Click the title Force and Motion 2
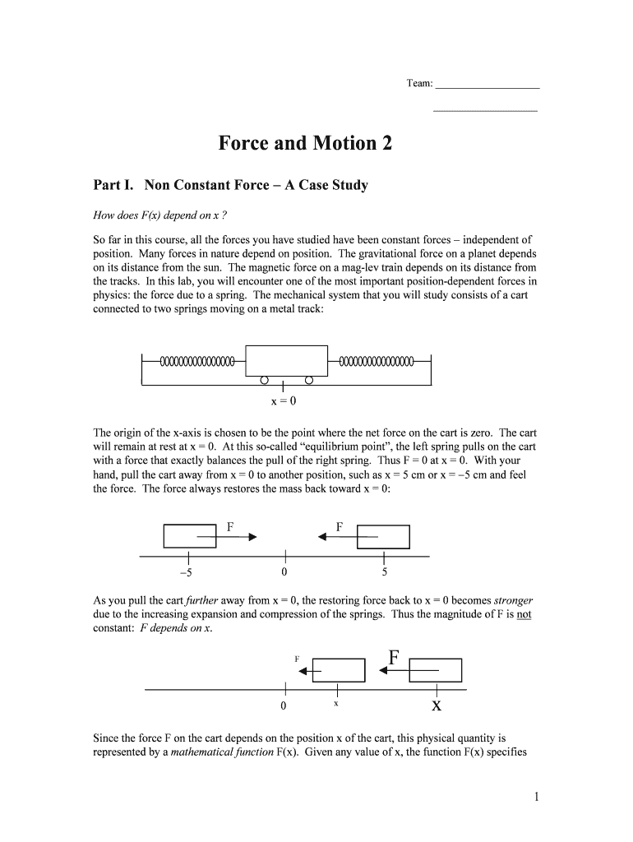click(305, 144)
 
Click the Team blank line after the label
click(487, 86)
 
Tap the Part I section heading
click(231, 185)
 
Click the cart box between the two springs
click(287, 361)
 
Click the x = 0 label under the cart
click(283, 401)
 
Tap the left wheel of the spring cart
click(264, 381)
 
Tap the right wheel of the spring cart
click(309, 381)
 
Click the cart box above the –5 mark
click(190, 535)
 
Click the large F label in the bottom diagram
click(394, 658)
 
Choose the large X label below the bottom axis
click(437, 706)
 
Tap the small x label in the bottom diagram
click(336, 704)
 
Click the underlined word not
click(524, 613)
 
